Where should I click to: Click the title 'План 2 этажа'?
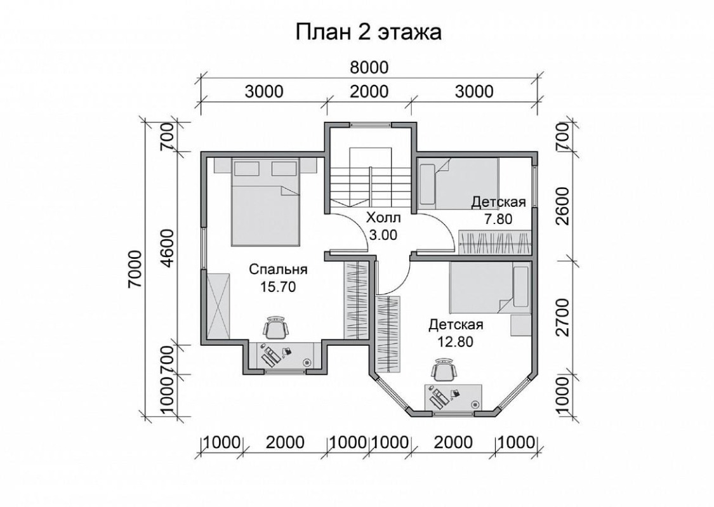[368, 32]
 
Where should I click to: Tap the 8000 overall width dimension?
[369, 67]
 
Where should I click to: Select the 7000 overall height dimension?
[135, 268]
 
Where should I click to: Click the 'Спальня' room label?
[278, 270]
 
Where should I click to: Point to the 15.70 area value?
[278, 287]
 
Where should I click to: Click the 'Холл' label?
[383, 218]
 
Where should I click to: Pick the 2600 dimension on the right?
[563, 206]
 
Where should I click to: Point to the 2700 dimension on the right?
[563, 317]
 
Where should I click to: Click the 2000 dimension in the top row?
[369, 91]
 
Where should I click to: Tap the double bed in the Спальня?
[267, 202]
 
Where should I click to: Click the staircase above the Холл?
[370, 180]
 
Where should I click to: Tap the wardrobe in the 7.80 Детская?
[494, 242]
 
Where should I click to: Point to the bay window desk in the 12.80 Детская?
[454, 397]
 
